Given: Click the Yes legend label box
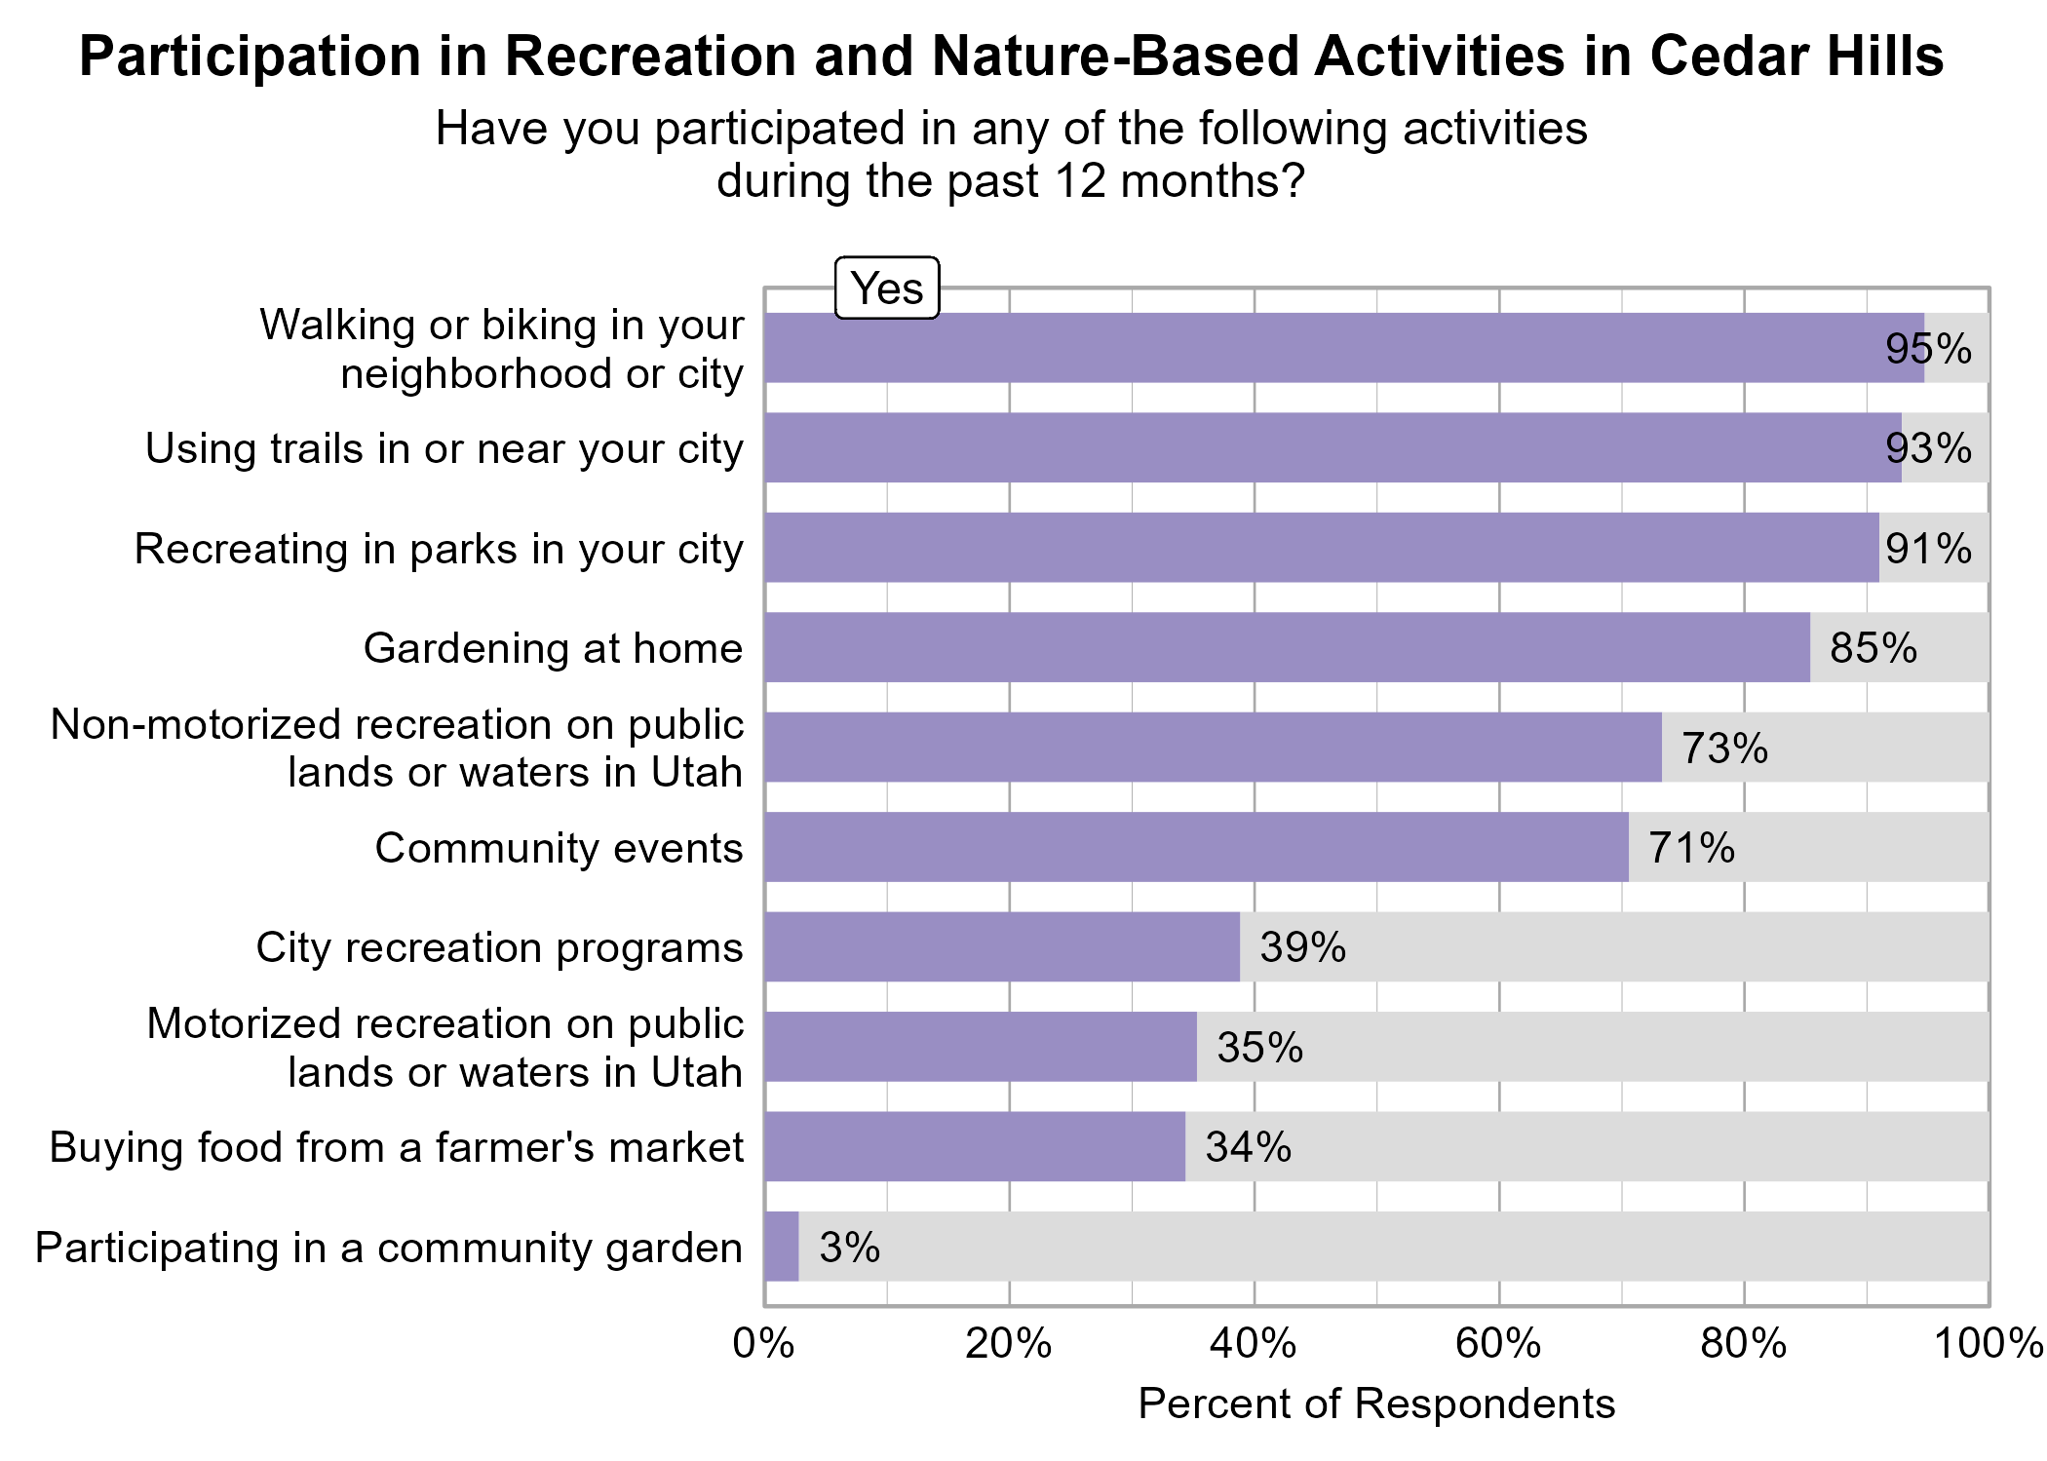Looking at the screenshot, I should (x=886, y=288).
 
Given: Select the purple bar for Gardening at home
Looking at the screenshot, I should (x=1287, y=647).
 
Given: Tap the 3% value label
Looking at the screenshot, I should (x=849, y=1248).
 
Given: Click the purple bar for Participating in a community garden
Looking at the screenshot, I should (x=782, y=1247).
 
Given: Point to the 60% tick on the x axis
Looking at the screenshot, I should (x=1498, y=1344).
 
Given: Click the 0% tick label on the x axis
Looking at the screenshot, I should (x=763, y=1344).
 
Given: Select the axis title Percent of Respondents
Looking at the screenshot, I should (x=1375, y=1404).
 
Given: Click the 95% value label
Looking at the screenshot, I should (x=1927, y=349).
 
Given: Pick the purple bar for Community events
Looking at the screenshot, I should (x=1196, y=847).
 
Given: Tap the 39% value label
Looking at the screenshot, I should (x=1302, y=947).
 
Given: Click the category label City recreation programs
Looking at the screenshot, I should (x=499, y=947).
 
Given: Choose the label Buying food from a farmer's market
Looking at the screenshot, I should (x=396, y=1147).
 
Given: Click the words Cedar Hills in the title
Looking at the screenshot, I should (x=1796, y=57).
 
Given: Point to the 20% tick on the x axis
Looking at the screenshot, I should (x=1009, y=1344).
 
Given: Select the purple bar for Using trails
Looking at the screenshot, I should (x=1332, y=447).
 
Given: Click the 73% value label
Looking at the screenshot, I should (x=1723, y=749).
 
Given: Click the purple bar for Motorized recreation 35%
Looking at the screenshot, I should (x=980, y=1047).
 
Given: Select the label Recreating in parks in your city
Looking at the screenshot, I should (x=439, y=549).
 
